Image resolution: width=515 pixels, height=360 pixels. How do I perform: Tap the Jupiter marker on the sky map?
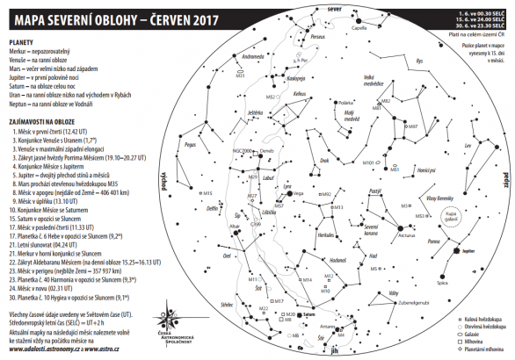(455, 250)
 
